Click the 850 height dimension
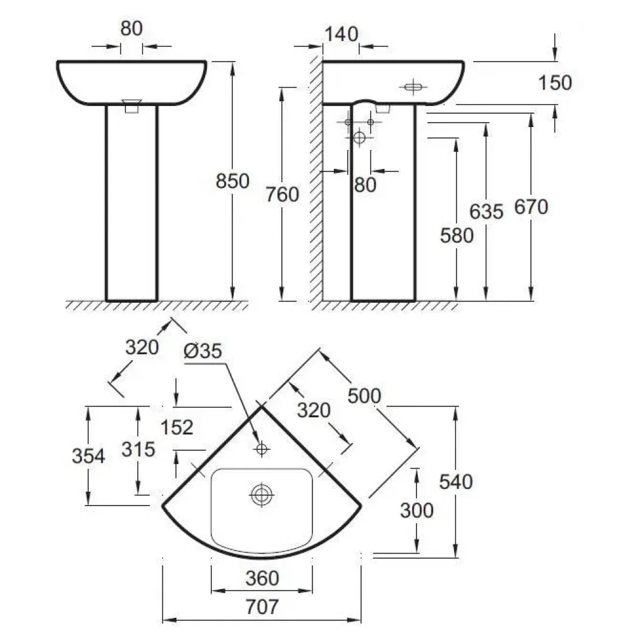(232, 182)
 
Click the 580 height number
(457, 235)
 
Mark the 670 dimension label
(530, 206)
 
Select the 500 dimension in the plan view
(364, 395)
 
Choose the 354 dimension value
(88, 456)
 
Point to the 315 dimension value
(138, 450)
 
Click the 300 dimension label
(417, 510)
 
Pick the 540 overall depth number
(456, 482)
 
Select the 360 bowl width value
(262, 578)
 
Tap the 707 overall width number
(262, 607)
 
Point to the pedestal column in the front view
(131, 203)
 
